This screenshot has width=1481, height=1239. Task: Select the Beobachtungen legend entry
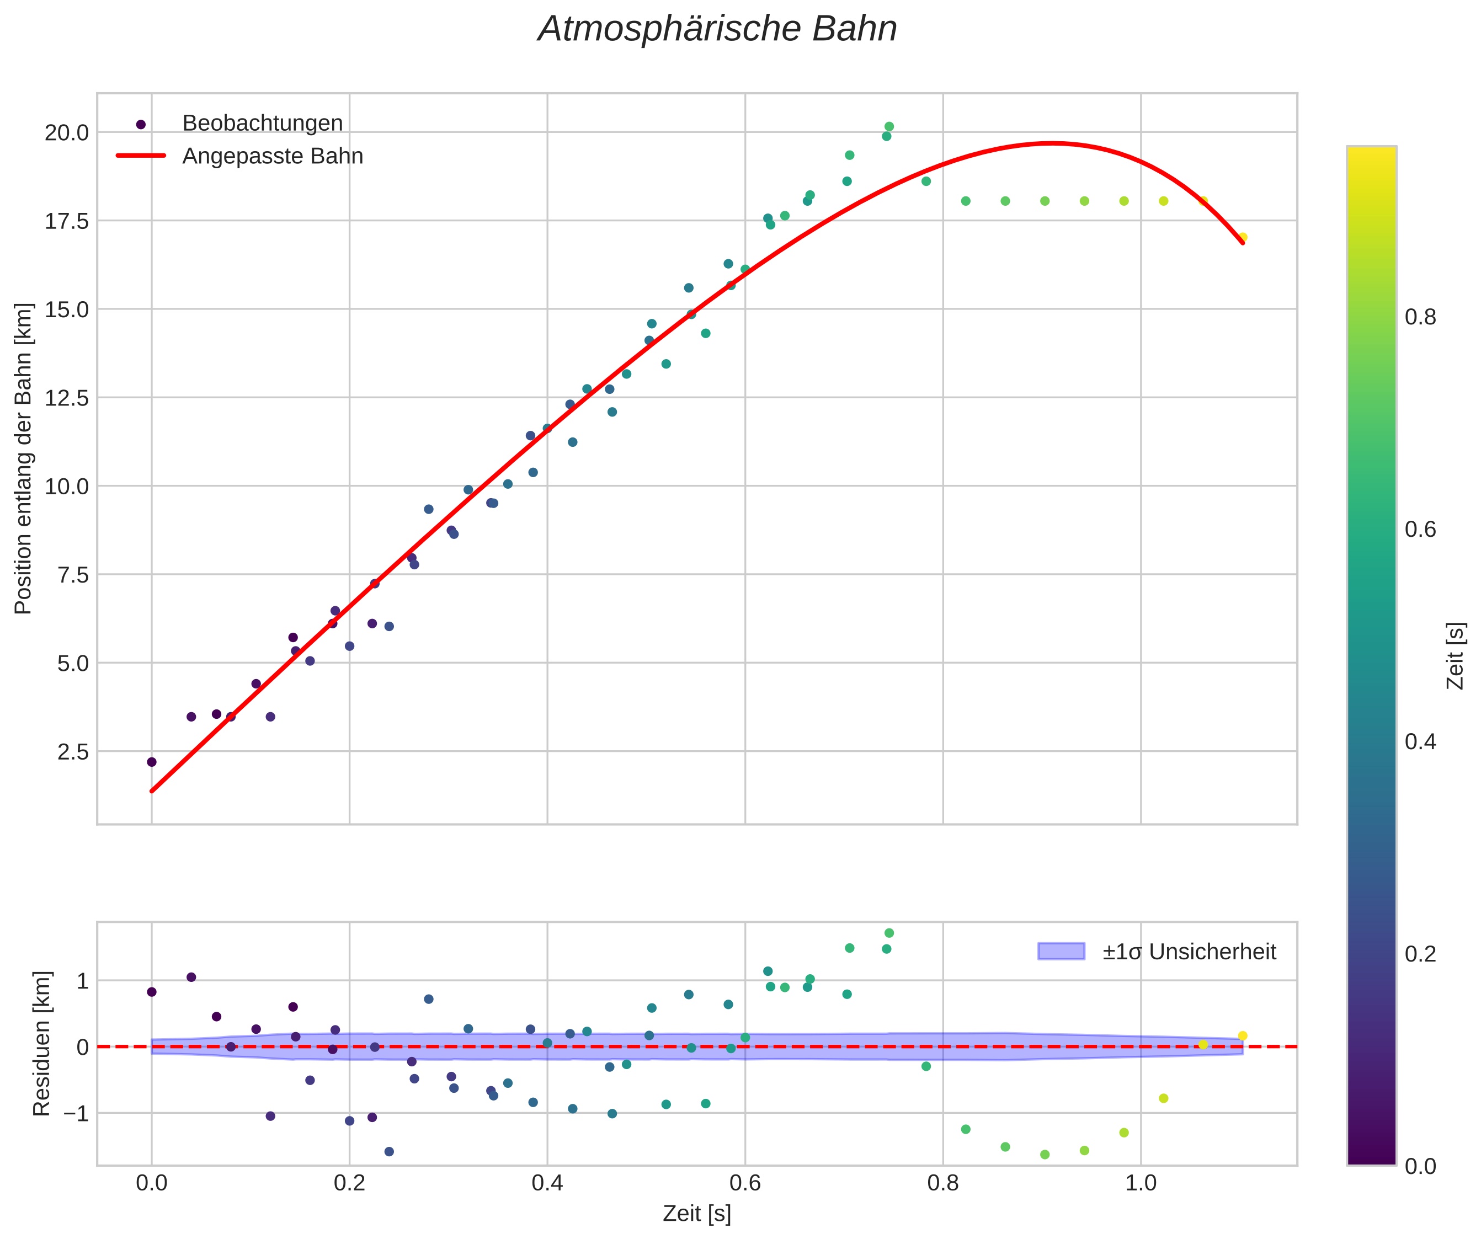click(262, 124)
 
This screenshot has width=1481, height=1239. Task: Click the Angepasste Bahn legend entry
click(272, 156)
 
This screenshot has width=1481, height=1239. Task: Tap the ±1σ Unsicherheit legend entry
click(1189, 952)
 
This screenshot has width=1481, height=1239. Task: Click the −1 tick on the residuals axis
click(76, 1113)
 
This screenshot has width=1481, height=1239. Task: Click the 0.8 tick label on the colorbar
click(1420, 317)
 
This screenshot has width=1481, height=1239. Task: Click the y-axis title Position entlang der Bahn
click(23, 458)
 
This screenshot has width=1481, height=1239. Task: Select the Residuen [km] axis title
click(42, 1044)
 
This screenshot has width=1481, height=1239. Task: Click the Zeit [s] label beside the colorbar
click(1455, 656)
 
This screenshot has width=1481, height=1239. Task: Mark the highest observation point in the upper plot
click(889, 126)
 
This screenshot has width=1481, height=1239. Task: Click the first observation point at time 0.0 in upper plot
click(152, 762)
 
